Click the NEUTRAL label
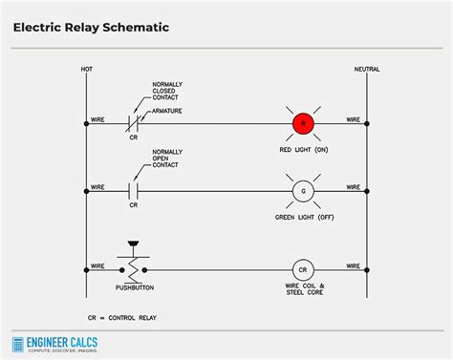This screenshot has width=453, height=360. click(x=366, y=71)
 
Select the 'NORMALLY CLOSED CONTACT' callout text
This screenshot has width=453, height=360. click(x=167, y=92)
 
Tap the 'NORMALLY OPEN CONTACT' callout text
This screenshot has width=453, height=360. click(x=167, y=159)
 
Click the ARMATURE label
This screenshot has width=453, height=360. click(x=167, y=111)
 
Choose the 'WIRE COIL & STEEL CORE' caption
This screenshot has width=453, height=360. click(x=305, y=290)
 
